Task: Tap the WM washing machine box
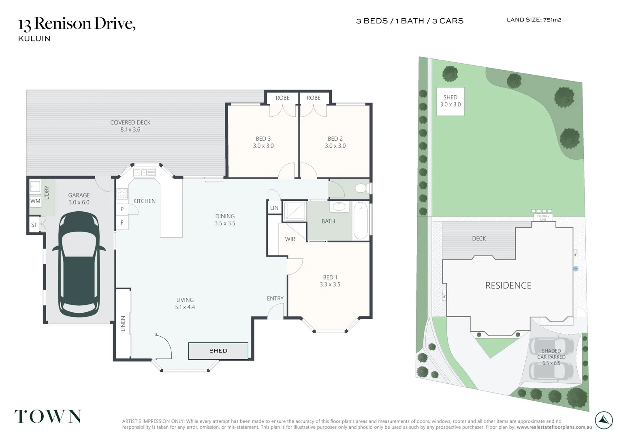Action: [35, 201]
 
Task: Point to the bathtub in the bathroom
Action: [361, 221]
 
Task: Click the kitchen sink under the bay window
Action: [145, 173]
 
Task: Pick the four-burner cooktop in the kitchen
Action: [122, 194]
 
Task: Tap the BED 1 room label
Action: [330, 281]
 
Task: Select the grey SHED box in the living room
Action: [218, 351]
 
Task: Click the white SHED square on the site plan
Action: [450, 101]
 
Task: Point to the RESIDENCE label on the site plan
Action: [508, 285]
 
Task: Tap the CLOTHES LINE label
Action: [543, 218]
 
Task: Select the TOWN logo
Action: [48, 417]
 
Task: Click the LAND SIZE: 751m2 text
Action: [534, 20]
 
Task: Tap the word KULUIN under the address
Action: [34, 39]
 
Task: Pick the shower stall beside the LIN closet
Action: [295, 211]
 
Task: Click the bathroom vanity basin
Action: [339, 206]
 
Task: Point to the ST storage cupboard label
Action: [34, 225]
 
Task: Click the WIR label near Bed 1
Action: [290, 239]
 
